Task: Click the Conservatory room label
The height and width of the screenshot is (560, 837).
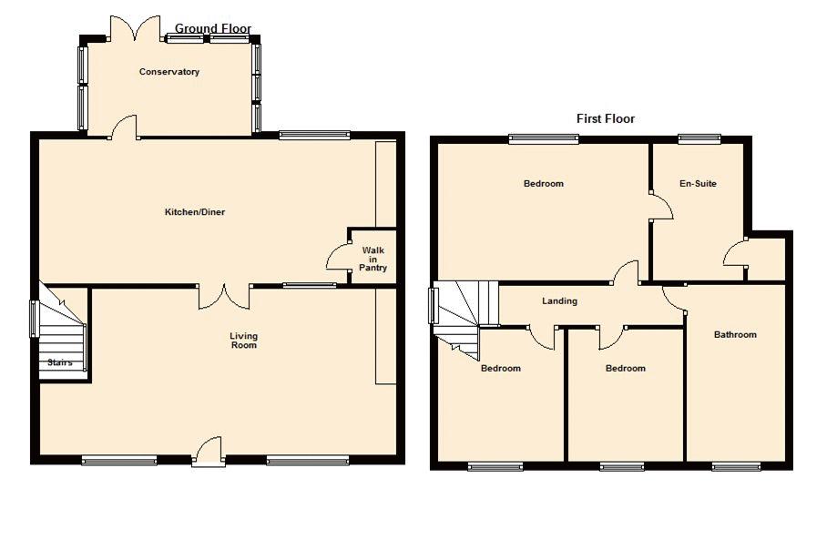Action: click(x=168, y=72)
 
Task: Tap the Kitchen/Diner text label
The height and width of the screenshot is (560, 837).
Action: click(x=195, y=212)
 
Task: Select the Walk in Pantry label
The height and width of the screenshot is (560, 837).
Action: click(x=373, y=259)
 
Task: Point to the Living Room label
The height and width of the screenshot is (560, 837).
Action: click(x=243, y=341)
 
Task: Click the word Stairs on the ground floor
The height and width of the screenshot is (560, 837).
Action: click(x=60, y=362)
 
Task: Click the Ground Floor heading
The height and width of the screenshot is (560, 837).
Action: click(x=213, y=28)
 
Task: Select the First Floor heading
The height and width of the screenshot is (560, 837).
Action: click(x=606, y=118)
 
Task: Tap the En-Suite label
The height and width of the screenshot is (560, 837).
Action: click(x=698, y=184)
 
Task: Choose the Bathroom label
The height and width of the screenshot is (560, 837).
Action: click(x=735, y=335)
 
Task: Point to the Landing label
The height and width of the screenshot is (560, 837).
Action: click(x=559, y=301)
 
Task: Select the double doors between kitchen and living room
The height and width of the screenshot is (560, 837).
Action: click(x=224, y=297)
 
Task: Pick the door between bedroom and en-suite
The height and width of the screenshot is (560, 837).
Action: click(x=661, y=206)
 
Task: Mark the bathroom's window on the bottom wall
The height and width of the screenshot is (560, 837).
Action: click(x=736, y=466)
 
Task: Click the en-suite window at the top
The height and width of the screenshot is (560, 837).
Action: click(x=699, y=138)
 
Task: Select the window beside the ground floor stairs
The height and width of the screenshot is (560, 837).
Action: click(x=33, y=319)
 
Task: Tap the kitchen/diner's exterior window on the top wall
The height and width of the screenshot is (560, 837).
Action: click(x=314, y=135)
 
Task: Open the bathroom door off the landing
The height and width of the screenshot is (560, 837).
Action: click(x=674, y=299)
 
